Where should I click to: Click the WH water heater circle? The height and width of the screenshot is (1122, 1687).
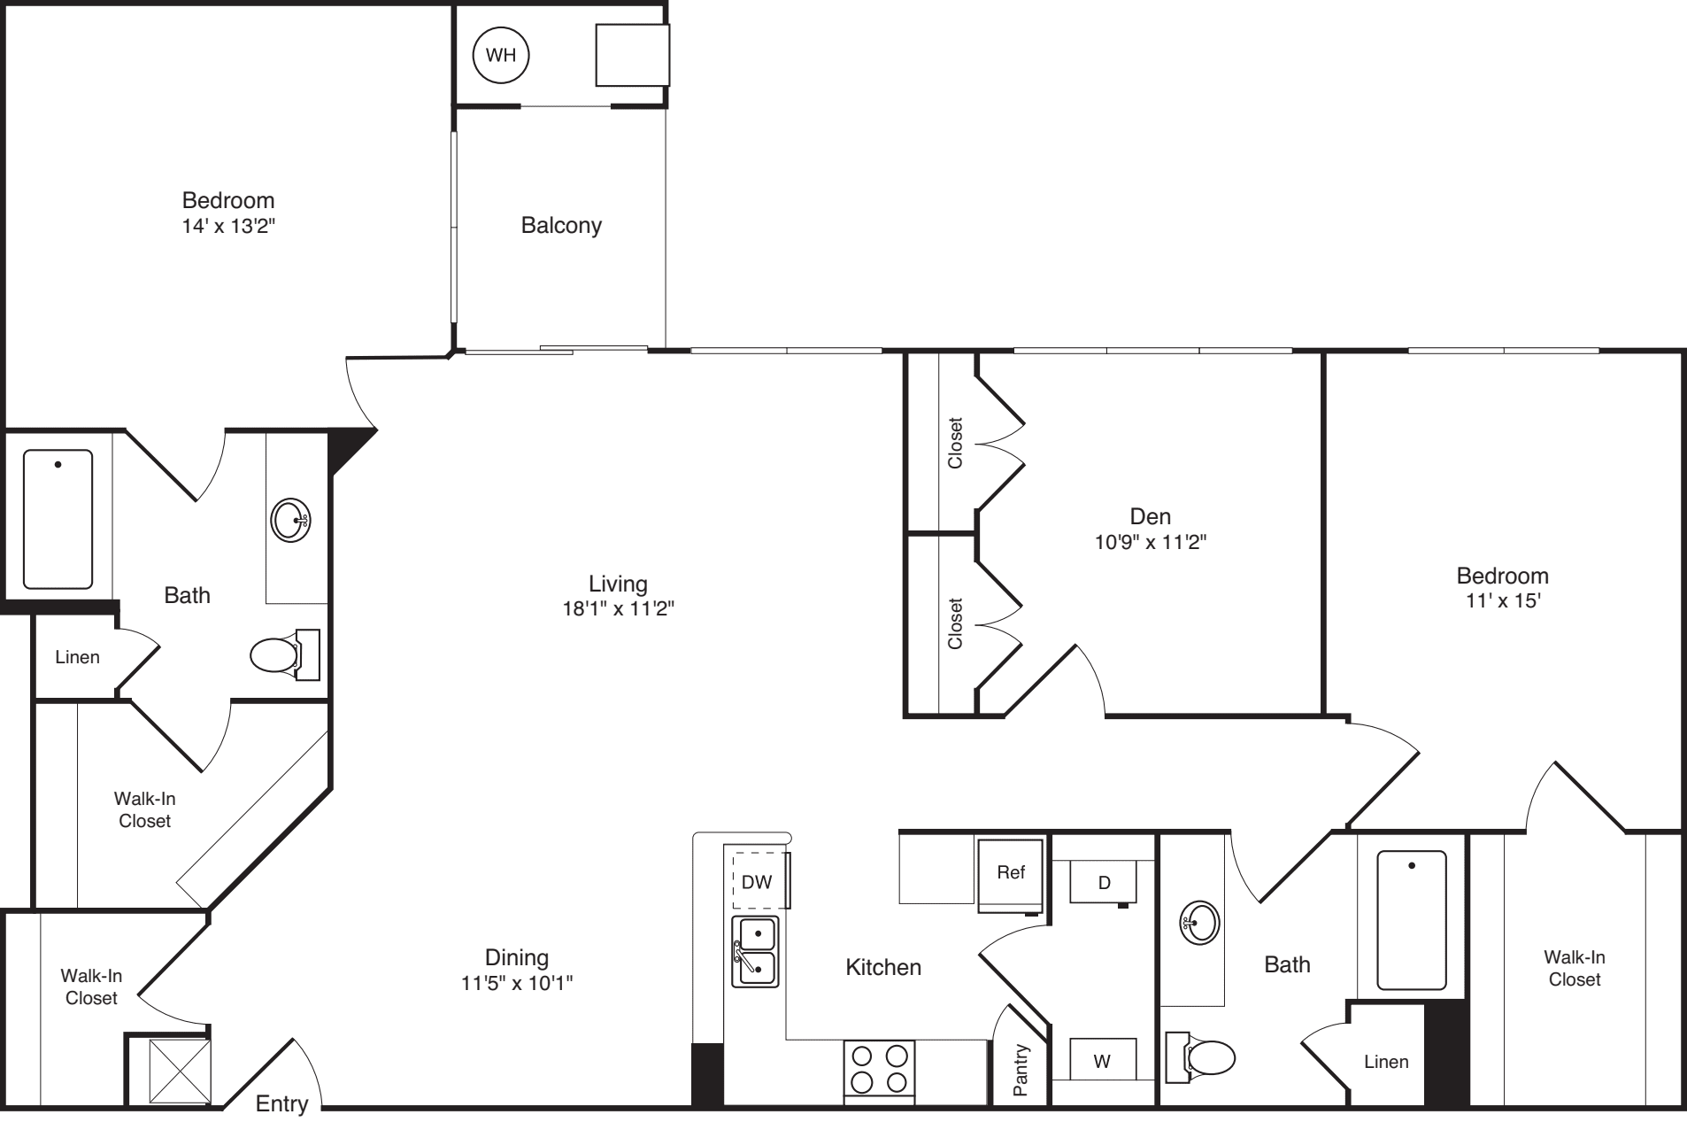click(x=501, y=56)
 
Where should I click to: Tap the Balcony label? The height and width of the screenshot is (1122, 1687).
click(x=561, y=225)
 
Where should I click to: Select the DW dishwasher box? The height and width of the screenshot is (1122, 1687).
click(x=758, y=881)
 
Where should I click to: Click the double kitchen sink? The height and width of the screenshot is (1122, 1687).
click(x=755, y=952)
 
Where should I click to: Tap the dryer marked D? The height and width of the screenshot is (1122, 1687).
click(x=1103, y=882)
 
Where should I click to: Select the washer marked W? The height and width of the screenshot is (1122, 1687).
click(x=1102, y=1060)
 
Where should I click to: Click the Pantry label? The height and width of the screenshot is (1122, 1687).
click(x=1021, y=1071)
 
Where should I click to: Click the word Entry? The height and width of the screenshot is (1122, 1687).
click(x=281, y=1103)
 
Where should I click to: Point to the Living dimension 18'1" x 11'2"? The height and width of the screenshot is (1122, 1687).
click(x=618, y=608)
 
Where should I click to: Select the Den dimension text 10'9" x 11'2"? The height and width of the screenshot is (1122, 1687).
click(x=1150, y=541)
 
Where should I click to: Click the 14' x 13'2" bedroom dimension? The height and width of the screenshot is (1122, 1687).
click(x=228, y=225)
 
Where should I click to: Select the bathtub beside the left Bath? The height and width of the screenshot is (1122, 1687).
click(x=58, y=519)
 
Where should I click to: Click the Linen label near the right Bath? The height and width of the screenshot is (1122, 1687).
click(x=1385, y=1061)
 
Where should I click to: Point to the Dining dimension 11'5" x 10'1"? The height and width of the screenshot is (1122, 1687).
click(x=516, y=982)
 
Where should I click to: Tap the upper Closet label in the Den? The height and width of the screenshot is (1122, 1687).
click(x=955, y=443)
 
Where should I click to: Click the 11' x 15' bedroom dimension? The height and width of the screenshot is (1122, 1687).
click(x=1502, y=600)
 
